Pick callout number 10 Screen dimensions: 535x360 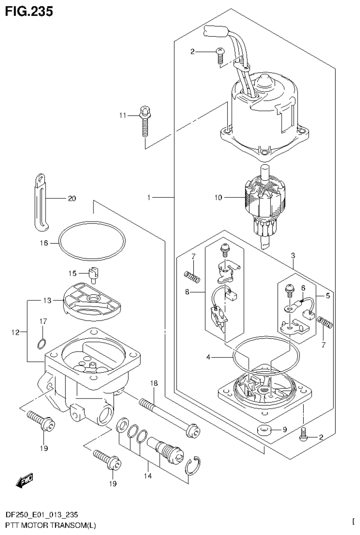coord(217,198)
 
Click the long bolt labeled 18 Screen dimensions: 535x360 coord(169,415)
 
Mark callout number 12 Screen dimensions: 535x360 coord(15,332)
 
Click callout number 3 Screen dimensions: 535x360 coord(293,256)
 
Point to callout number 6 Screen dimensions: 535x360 coord(303,288)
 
